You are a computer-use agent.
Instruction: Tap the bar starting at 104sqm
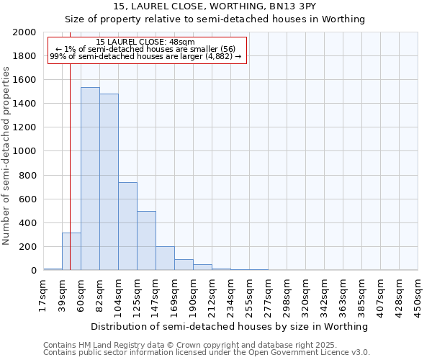[x=127, y=226]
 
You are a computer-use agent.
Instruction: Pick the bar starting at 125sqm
[x=146, y=240]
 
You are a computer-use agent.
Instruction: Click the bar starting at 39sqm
[x=71, y=251]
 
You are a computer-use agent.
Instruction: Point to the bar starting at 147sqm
[x=165, y=258]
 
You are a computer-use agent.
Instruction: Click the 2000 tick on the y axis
[x=25, y=32]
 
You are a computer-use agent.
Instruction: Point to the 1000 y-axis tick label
[x=25, y=152]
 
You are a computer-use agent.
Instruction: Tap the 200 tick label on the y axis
[x=28, y=247]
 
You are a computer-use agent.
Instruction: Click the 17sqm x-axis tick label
[x=43, y=295]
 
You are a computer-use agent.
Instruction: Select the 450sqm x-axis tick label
[x=418, y=295]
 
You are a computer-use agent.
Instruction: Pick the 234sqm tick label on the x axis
[x=230, y=295]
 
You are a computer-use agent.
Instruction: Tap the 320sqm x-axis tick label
[x=305, y=295]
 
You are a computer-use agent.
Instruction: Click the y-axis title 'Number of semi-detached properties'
[x=6, y=156]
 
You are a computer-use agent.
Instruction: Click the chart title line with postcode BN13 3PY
[x=215, y=6]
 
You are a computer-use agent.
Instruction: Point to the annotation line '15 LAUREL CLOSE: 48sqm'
[x=145, y=42]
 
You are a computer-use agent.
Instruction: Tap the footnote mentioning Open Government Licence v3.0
[x=207, y=353]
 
